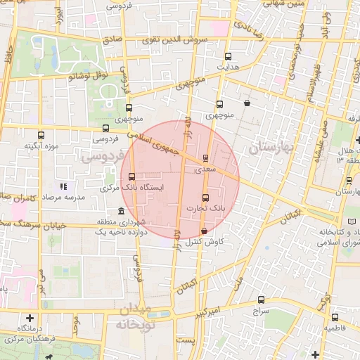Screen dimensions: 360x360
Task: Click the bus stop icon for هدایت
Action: (227, 56)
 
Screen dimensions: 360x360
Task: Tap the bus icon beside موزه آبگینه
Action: (41, 135)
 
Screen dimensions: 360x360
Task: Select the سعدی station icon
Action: (205, 158)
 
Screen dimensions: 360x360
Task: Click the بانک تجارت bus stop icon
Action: (205, 198)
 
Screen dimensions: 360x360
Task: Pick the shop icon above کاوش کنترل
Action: (204, 231)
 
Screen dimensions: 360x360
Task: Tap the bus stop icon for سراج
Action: (260, 299)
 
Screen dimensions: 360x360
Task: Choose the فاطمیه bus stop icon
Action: (335, 317)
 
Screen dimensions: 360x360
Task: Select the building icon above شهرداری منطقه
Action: (122, 211)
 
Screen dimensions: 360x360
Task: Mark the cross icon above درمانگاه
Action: (30, 318)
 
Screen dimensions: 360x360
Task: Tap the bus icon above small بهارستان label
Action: (349, 181)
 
